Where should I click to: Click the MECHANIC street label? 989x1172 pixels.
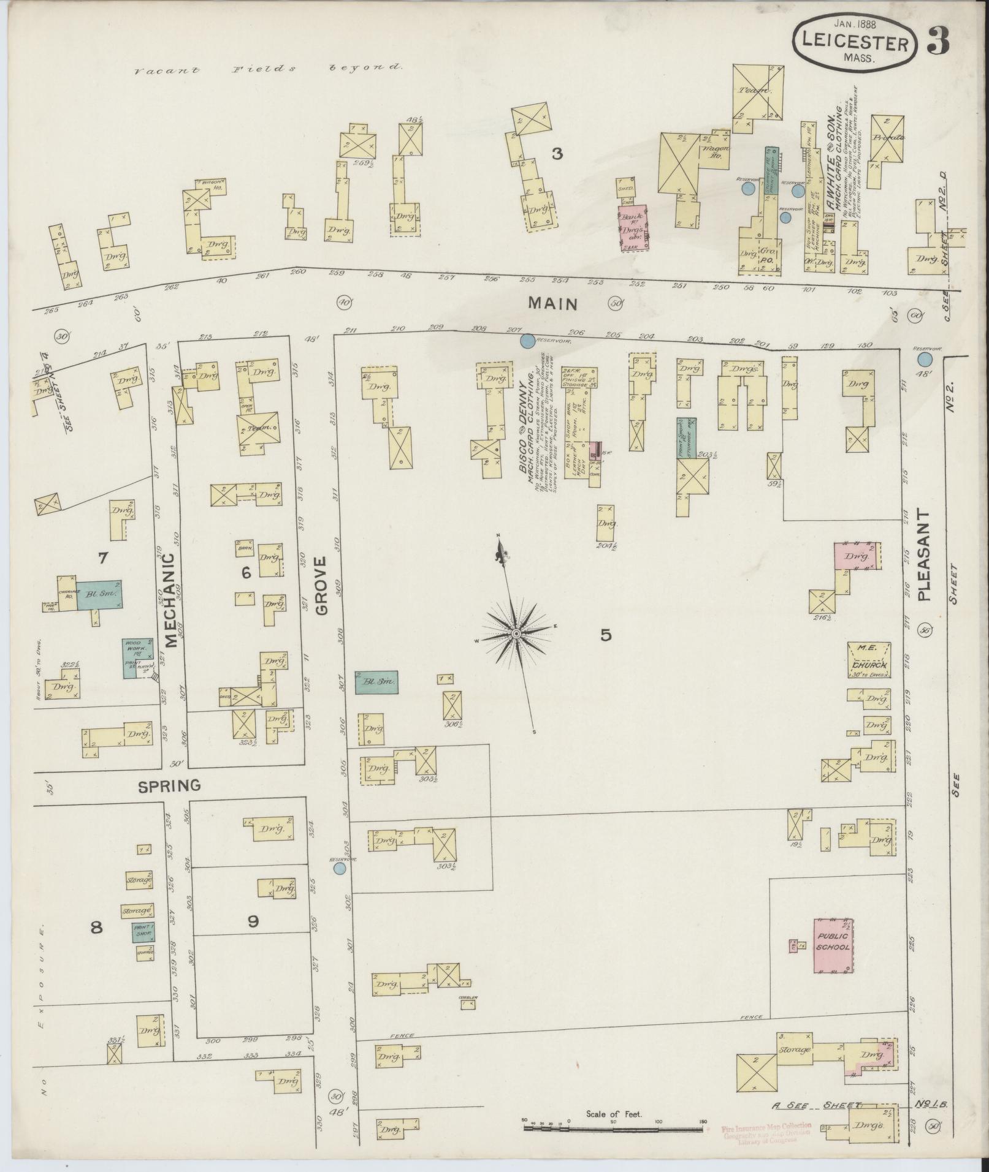[170, 600]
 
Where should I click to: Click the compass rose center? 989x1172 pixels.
[516, 633]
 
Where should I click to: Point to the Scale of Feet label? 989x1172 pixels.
[613, 1114]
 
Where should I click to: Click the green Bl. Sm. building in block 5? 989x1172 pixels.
[376, 681]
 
